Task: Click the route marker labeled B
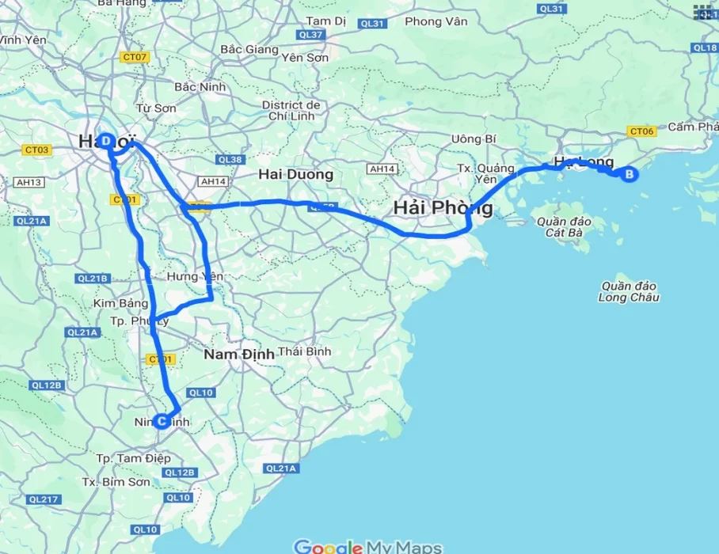tap(630, 175)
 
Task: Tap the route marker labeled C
tap(162, 421)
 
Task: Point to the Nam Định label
tap(239, 354)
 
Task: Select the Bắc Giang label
tap(249, 49)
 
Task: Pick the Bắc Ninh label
tap(200, 86)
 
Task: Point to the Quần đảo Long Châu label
tap(630, 291)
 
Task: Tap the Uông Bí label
tap(474, 138)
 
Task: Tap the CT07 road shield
tap(135, 57)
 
